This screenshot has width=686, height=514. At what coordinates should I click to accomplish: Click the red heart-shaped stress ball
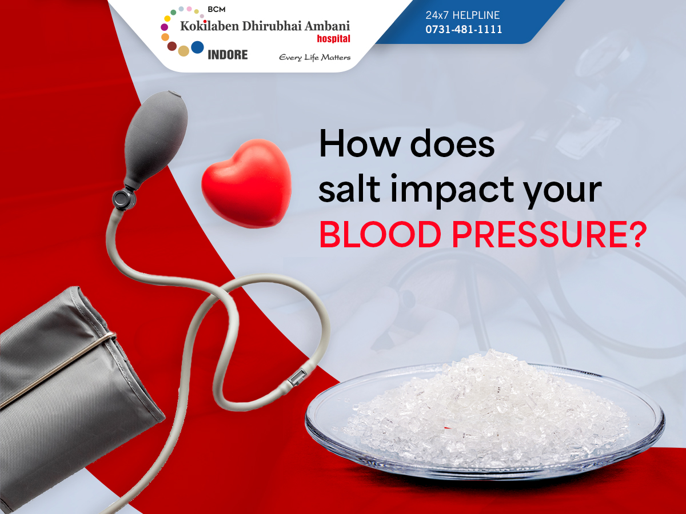(246, 183)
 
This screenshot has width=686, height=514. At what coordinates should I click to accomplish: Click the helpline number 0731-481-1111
(464, 29)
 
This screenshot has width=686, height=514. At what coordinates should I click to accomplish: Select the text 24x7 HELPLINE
(462, 15)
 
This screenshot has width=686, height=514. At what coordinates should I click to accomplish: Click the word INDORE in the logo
(228, 55)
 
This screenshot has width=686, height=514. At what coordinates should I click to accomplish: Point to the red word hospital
(333, 39)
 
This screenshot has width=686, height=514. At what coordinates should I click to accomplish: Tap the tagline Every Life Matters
(315, 58)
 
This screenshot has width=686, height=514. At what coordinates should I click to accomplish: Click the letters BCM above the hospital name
(216, 9)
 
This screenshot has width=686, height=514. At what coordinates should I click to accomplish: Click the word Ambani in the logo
(327, 26)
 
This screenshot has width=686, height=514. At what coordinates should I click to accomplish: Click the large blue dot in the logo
(197, 47)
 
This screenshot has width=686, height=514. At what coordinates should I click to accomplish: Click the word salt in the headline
(349, 188)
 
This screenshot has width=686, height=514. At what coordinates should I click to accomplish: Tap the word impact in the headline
(452, 190)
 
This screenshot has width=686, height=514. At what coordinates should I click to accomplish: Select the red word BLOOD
(380, 235)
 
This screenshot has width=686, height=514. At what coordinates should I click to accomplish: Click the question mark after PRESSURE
(637, 235)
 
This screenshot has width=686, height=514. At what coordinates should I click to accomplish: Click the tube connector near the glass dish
(297, 377)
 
